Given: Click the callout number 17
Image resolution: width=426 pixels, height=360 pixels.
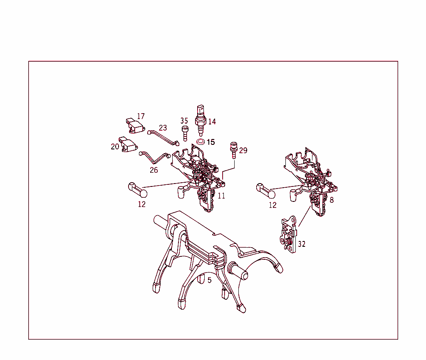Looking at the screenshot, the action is click(x=141, y=116).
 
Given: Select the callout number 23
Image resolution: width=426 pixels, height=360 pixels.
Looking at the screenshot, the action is click(x=163, y=128).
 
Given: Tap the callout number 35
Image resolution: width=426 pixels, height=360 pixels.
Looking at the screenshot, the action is click(x=184, y=121).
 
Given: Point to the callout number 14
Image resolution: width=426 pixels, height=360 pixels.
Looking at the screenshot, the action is click(x=212, y=122).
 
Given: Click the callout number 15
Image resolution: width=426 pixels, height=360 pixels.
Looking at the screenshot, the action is click(x=211, y=142).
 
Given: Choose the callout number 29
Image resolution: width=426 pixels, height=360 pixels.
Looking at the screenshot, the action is click(x=243, y=150).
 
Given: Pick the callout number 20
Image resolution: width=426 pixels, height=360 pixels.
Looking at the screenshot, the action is click(x=115, y=146).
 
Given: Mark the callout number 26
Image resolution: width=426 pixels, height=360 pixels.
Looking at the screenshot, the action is click(x=154, y=170).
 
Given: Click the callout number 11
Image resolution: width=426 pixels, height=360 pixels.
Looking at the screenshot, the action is click(x=221, y=196).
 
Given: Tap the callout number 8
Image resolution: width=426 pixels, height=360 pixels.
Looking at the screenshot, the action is click(x=332, y=200).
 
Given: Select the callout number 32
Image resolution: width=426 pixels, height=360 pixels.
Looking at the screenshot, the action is click(x=302, y=244).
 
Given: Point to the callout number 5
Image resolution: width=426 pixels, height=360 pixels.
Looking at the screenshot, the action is click(x=210, y=280).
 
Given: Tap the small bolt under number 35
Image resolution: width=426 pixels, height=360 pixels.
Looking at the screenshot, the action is click(x=185, y=134).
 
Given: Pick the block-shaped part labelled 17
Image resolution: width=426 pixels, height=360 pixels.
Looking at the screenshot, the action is click(x=135, y=126).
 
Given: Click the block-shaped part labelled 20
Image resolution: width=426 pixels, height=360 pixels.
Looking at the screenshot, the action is click(x=128, y=144).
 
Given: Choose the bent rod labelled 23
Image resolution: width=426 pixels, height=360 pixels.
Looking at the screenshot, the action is click(x=163, y=138).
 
